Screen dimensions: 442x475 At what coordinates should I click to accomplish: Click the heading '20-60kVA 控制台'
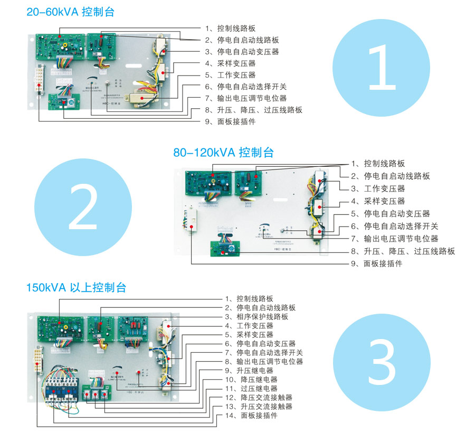coord(70,12)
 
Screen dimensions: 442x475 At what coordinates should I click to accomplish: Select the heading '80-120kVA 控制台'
coord(223,153)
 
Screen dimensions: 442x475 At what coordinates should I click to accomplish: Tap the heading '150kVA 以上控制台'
coord(77,288)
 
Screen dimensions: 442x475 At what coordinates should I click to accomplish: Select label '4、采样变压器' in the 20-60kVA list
coord(237,63)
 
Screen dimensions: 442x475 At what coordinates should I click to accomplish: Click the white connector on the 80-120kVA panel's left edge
coord(191,220)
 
